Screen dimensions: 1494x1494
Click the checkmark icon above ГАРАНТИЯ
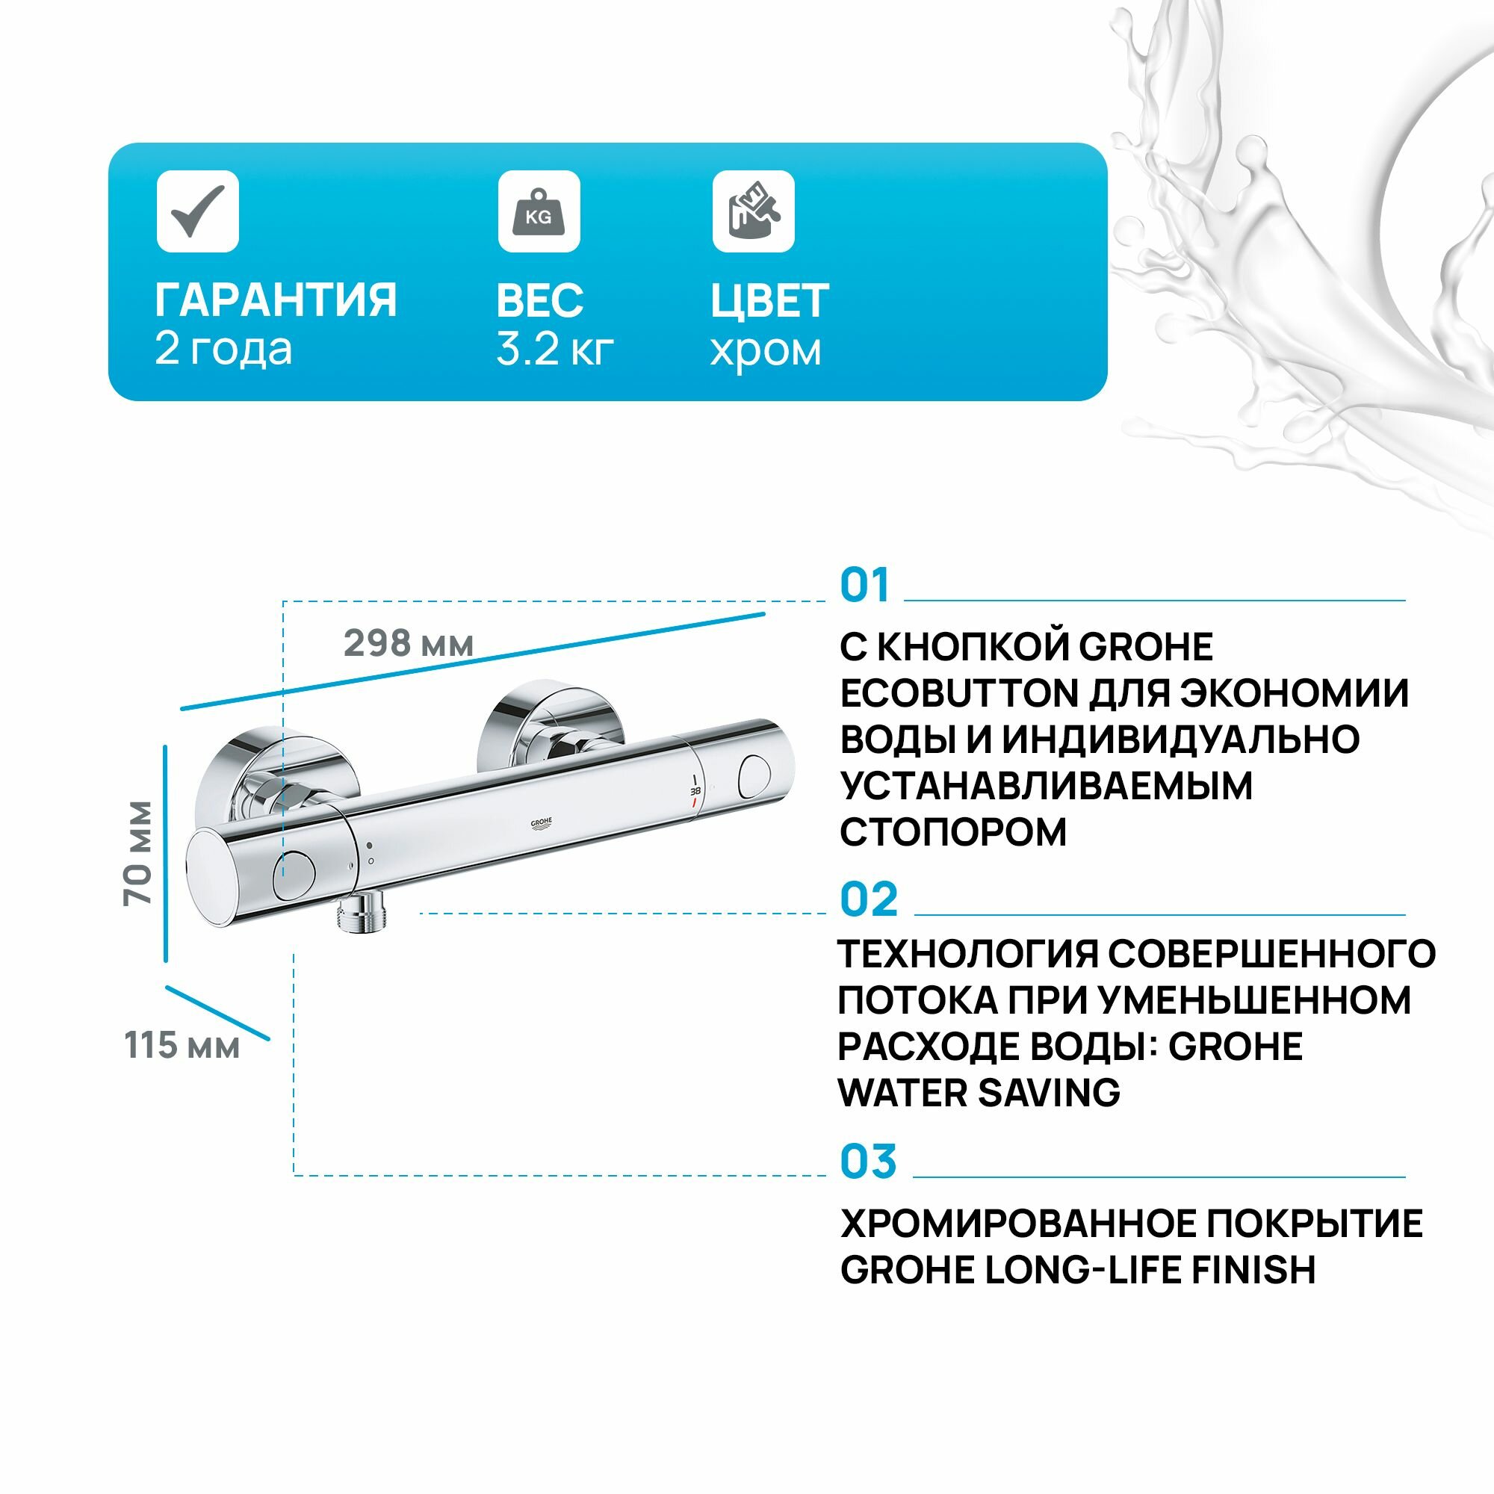point(198,211)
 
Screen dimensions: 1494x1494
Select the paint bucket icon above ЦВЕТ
point(753,211)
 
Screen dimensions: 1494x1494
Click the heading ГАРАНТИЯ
point(276,300)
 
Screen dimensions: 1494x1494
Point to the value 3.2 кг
point(554,350)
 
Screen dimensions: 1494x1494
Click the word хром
point(765,350)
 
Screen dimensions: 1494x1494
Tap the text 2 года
point(223,349)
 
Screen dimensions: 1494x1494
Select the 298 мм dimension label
point(409,643)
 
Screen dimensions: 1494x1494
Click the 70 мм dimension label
point(138,853)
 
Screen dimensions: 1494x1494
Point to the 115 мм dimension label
point(182,1047)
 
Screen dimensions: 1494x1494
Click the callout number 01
point(864,586)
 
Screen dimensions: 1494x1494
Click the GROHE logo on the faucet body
point(541,822)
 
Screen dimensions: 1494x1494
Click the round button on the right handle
point(754,777)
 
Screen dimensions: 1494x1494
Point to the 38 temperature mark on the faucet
point(695,791)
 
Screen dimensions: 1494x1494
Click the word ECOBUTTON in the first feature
point(959,694)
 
